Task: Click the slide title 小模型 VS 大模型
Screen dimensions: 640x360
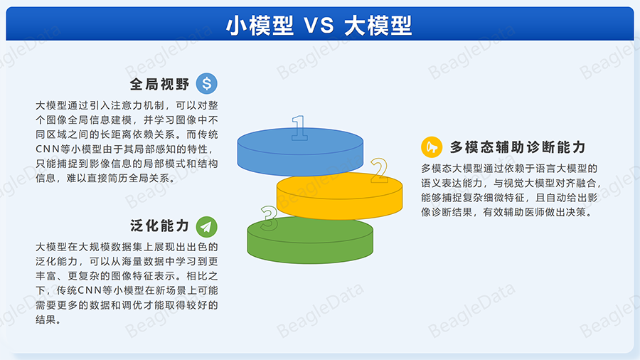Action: coord(319,26)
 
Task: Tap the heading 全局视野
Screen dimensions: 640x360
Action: coord(159,84)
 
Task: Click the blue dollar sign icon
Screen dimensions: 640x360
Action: coord(206,84)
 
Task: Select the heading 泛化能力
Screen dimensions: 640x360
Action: coord(159,226)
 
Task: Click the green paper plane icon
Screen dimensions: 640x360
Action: coord(206,226)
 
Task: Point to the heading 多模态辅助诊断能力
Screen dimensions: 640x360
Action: coord(518,147)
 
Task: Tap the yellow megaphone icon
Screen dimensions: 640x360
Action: coord(432,147)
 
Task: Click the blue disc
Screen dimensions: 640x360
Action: coord(300,152)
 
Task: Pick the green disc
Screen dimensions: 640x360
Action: coord(310,240)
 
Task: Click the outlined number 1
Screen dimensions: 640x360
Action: coord(299,128)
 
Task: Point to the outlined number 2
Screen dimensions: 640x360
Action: coord(379,170)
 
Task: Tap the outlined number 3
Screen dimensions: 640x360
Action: coord(269,218)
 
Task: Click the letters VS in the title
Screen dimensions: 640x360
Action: coord(319,26)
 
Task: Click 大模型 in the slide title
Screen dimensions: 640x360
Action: coord(378,26)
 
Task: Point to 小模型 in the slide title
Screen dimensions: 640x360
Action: coord(260,26)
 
